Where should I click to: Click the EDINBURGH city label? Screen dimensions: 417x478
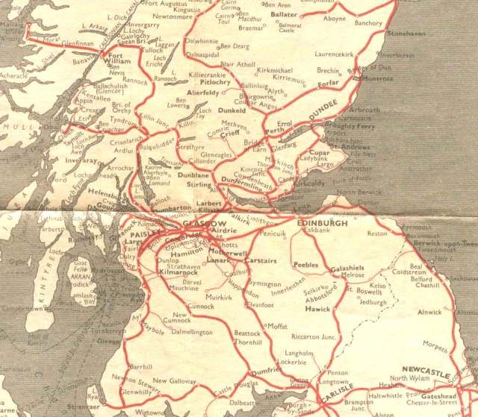click(322, 223)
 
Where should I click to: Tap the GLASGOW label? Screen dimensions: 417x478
click(203, 224)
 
